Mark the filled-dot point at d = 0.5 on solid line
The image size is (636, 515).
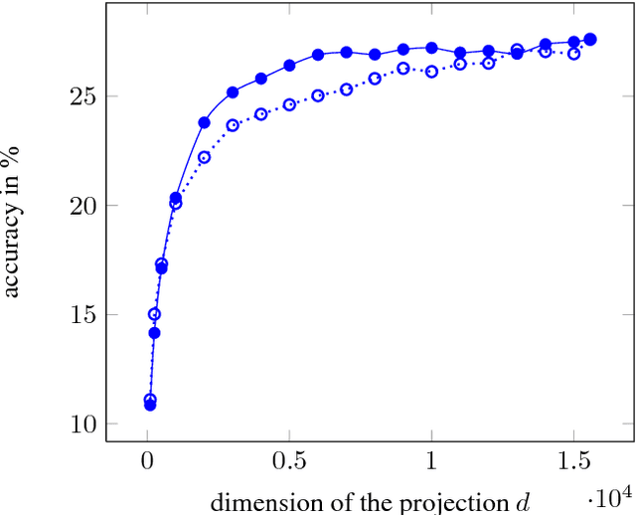(x=289, y=66)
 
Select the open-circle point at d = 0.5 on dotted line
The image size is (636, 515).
(x=289, y=104)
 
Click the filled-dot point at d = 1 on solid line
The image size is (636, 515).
(x=431, y=48)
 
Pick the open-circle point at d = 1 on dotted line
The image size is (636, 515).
(x=431, y=72)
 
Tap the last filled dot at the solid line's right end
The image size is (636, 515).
(x=590, y=39)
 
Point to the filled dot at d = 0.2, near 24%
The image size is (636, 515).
(x=205, y=122)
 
